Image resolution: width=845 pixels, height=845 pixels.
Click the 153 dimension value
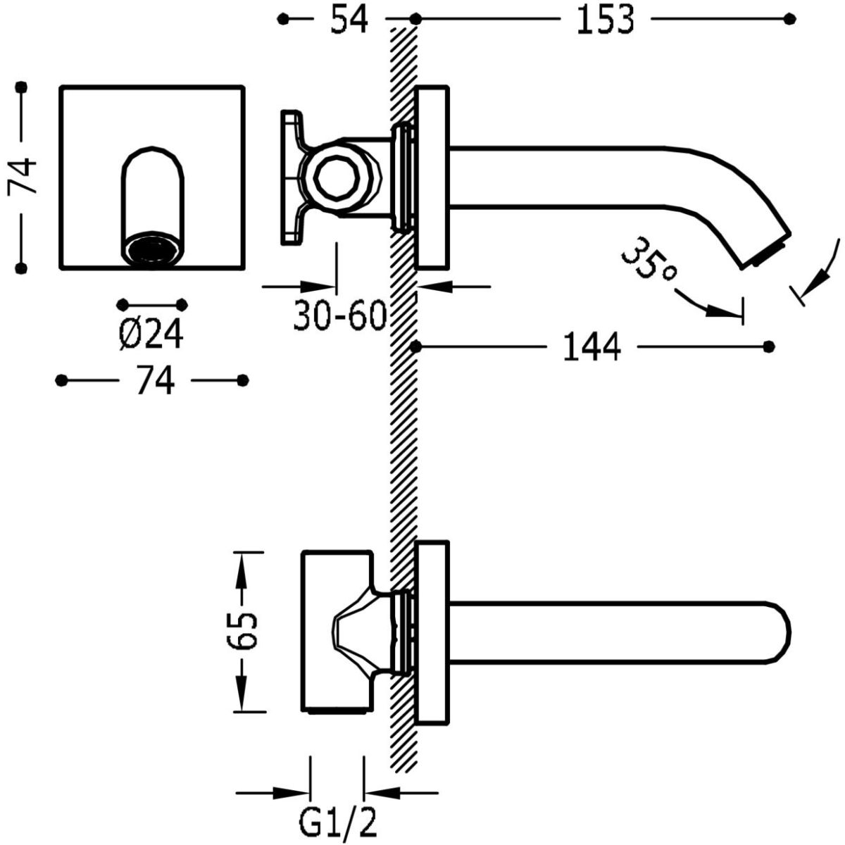click(x=605, y=20)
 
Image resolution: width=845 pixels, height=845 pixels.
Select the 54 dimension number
click(x=350, y=20)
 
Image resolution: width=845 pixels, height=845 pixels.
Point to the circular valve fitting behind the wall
click(x=334, y=177)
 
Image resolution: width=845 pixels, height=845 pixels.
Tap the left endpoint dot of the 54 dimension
click(x=283, y=20)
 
